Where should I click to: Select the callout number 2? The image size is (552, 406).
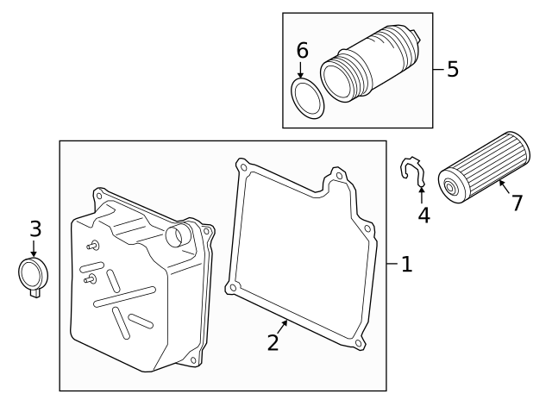pyautogui.click(x=273, y=342)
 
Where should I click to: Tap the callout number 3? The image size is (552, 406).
pyautogui.click(x=35, y=229)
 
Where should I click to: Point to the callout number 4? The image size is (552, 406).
pyautogui.click(x=423, y=214)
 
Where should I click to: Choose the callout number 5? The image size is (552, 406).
pyautogui.click(x=453, y=69)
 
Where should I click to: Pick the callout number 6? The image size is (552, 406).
pyautogui.click(x=302, y=51)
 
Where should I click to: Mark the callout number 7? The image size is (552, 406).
pyautogui.click(x=517, y=203)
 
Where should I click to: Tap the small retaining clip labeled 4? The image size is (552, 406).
pyautogui.click(x=413, y=172)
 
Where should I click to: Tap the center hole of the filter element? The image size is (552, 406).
pyautogui.click(x=449, y=187)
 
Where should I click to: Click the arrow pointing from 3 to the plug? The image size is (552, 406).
pyautogui.click(x=34, y=250)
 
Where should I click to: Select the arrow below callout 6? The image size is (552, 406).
pyautogui.click(x=303, y=72)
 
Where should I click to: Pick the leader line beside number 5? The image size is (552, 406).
pyautogui.click(x=438, y=69)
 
